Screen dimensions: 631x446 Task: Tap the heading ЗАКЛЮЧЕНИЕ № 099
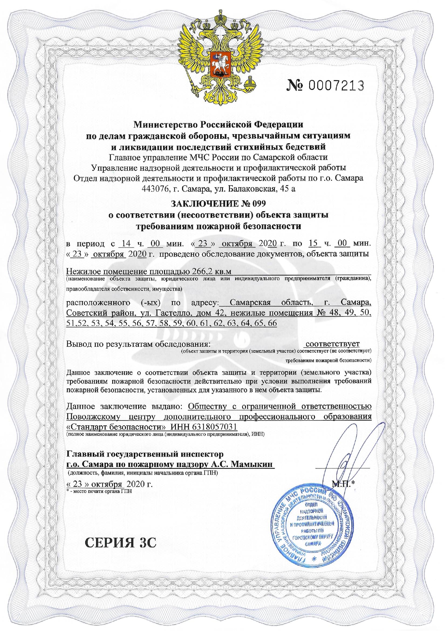point(218,204)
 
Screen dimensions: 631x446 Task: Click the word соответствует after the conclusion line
point(332,344)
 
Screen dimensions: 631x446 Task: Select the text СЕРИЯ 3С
point(120,543)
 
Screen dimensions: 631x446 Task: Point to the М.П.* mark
point(343,484)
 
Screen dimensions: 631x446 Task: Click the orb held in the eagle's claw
point(249,86)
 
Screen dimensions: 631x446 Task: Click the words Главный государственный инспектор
point(145,454)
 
